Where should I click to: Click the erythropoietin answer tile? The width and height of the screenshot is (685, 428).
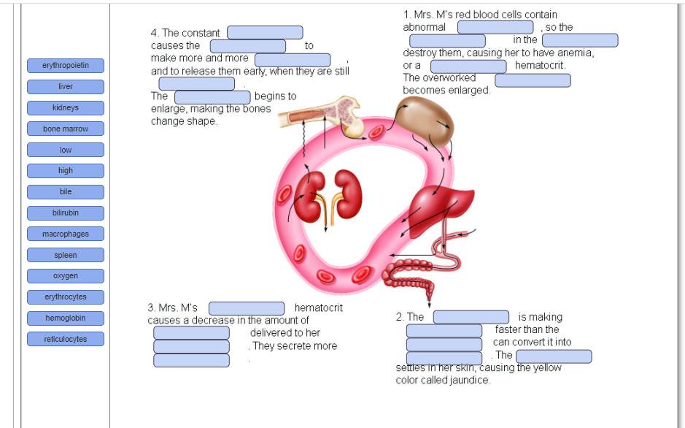tap(66, 66)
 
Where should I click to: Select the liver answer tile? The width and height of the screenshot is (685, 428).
tap(66, 87)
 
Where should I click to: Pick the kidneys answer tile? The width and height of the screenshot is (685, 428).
tap(66, 108)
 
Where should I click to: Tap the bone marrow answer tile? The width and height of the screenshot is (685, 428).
tap(66, 129)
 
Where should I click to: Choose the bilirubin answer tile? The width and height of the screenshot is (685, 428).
tap(66, 213)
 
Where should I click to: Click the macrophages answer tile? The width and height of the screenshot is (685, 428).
tap(66, 234)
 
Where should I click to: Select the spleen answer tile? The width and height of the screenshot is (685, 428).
tap(66, 256)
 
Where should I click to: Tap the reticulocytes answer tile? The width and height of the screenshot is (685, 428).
tap(66, 340)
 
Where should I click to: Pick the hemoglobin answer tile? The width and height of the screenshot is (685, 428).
tap(66, 318)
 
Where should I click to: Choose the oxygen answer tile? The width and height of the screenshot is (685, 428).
tap(66, 276)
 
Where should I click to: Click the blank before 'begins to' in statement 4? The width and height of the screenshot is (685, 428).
tap(212, 97)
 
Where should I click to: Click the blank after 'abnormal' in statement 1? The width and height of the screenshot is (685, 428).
tap(495, 27)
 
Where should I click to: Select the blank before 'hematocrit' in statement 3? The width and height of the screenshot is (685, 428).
tap(247, 308)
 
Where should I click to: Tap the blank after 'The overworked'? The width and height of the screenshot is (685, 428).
tap(533, 80)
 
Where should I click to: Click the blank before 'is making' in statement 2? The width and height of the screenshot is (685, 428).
tap(471, 317)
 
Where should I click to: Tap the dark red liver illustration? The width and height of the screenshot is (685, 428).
tap(437, 201)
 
